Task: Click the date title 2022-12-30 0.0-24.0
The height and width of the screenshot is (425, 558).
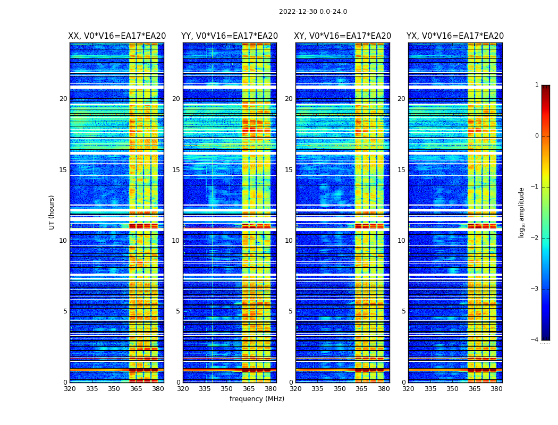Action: pos(312,12)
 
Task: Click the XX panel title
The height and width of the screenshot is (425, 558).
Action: pos(117,36)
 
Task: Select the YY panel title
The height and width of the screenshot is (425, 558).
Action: pos(230,36)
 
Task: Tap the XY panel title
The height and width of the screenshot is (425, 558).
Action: pos(342,36)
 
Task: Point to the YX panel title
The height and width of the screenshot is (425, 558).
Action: pos(455,36)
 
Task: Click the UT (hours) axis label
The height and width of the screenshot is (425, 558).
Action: pos(52,212)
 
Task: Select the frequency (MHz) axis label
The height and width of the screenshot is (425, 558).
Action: pos(257,399)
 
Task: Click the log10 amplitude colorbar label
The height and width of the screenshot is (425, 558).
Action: pos(522,212)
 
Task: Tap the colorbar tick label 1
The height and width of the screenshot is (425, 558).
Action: pos(536,85)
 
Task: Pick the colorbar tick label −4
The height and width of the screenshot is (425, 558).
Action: pos(535,340)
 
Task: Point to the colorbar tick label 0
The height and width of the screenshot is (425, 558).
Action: pos(536,136)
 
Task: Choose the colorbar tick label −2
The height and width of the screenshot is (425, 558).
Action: pos(535,238)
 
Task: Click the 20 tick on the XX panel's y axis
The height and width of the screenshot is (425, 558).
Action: pos(63,99)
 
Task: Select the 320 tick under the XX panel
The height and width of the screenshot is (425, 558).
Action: pos(70,389)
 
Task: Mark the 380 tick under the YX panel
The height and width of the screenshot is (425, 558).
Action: pos(496,389)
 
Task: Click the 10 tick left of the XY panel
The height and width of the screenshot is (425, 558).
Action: pos(289,241)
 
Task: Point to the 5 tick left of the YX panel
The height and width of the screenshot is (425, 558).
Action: pos(403,311)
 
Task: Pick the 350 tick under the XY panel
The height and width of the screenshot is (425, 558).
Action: pos(340,389)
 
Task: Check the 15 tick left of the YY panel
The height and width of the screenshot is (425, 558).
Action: pos(176,170)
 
